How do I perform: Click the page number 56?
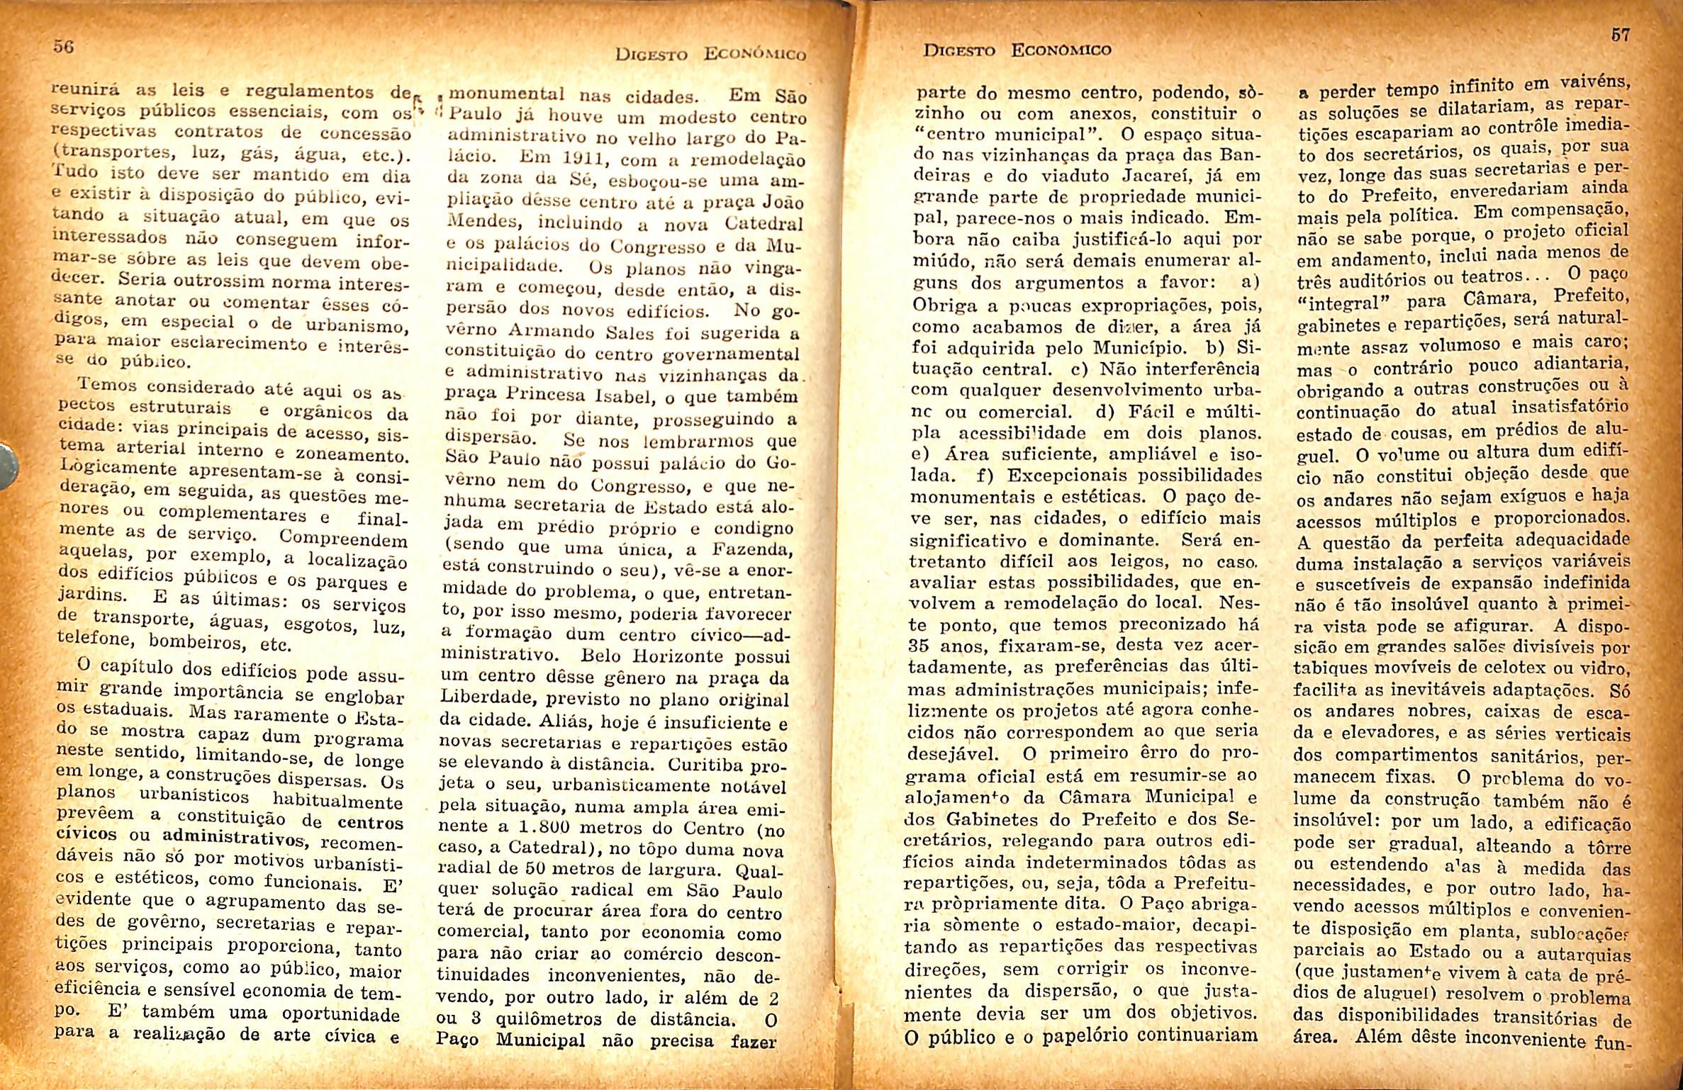(x=64, y=47)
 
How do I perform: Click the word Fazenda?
(x=751, y=548)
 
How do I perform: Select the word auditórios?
(x=1388, y=277)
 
